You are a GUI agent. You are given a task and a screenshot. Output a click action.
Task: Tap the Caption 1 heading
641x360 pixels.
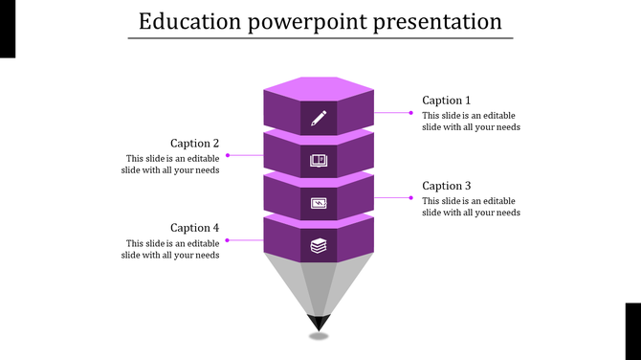coord(447,101)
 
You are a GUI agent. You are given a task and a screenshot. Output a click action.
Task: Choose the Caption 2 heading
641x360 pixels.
coord(195,144)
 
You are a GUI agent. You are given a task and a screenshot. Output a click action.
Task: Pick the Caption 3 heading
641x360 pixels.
coord(447,186)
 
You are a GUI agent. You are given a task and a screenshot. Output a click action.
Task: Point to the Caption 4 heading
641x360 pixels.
coord(195,228)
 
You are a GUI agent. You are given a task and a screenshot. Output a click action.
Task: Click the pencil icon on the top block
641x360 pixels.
coord(319,119)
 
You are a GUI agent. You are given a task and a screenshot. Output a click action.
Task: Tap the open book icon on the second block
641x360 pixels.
coord(319,161)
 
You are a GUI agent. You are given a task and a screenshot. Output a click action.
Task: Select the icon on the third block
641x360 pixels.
coord(319,203)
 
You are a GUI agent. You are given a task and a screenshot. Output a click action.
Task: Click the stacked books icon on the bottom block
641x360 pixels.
coord(319,246)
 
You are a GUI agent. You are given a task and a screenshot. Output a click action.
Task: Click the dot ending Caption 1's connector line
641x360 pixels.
coord(411,113)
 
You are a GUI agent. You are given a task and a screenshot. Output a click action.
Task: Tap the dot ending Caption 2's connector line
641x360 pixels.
coord(227,155)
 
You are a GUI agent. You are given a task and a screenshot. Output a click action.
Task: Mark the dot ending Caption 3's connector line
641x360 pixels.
coord(411,197)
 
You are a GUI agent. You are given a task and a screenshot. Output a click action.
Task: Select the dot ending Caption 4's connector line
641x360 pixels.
coord(227,239)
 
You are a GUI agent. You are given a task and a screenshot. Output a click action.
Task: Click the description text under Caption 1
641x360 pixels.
coord(471,121)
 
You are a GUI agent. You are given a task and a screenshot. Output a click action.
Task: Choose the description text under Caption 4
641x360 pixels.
coord(171,249)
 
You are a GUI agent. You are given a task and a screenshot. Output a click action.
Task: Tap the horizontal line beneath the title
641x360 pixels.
coord(320,38)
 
